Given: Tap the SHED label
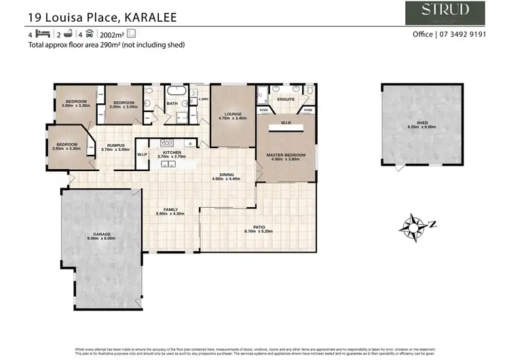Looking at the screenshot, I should tap(421, 122).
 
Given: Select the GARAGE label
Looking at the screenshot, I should tap(102, 234).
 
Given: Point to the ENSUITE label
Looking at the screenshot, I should tap(286, 99).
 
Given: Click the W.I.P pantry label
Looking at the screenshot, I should tap(143, 155).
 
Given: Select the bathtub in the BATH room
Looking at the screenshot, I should tap(178, 90).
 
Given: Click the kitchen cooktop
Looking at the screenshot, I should tap(168, 142).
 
